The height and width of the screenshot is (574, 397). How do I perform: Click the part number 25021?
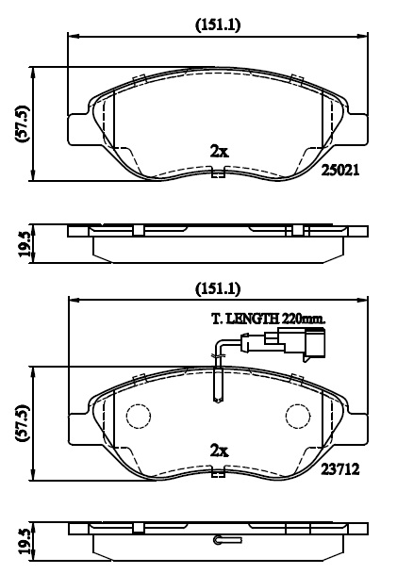click(x=340, y=170)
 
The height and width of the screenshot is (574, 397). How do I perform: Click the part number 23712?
click(x=340, y=469)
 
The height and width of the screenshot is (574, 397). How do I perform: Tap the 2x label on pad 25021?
click(x=220, y=151)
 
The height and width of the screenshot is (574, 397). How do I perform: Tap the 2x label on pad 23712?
click(x=220, y=451)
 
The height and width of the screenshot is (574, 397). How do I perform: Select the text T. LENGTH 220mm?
click(x=269, y=319)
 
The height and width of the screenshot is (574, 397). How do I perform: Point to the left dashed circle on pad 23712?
click(x=139, y=416)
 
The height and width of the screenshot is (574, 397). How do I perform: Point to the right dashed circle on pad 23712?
click(x=298, y=416)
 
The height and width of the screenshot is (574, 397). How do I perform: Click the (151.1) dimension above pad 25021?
click(x=218, y=25)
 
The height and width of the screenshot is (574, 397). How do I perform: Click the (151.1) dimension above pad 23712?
click(x=218, y=288)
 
